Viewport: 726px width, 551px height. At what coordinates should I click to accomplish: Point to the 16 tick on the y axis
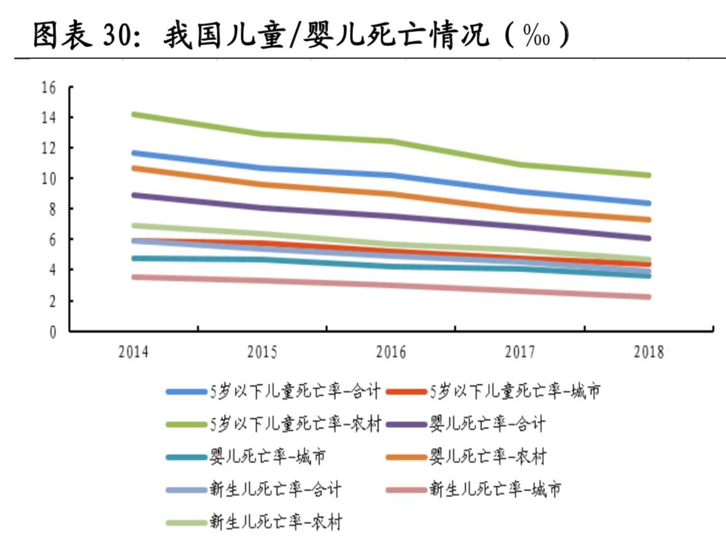click(x=49, y=87)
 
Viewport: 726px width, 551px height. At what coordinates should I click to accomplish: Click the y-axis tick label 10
click(x=49, y=179)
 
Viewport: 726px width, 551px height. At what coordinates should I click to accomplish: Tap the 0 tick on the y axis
click(x=53, y=331)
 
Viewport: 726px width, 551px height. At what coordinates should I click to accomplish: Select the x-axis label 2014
click(x=133, y=353)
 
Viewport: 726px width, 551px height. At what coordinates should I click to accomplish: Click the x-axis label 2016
click(x=391, y=353)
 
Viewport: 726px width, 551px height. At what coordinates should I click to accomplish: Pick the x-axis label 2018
click(x=648, y=353)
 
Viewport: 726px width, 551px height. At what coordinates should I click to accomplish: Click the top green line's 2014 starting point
click(x=134, y=114)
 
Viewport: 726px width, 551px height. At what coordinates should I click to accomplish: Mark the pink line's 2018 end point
click(x=648, y=297)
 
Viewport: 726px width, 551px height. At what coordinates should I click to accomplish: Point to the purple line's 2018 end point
click(x=648, y=238)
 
